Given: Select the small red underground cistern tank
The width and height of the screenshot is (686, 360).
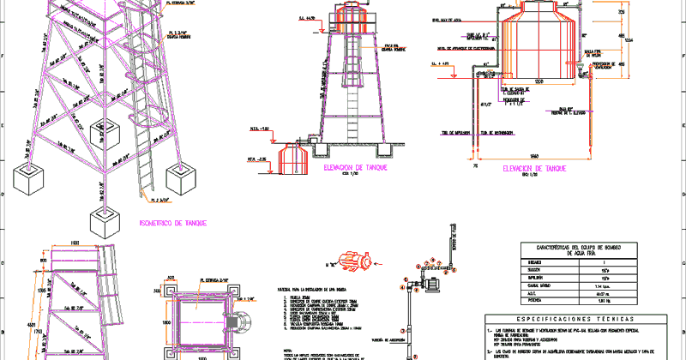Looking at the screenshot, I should pos(295,156).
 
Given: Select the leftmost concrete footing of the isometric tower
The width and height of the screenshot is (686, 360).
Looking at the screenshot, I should pos(28,177).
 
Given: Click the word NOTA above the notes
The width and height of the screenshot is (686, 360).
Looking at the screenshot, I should pos(286,346).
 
